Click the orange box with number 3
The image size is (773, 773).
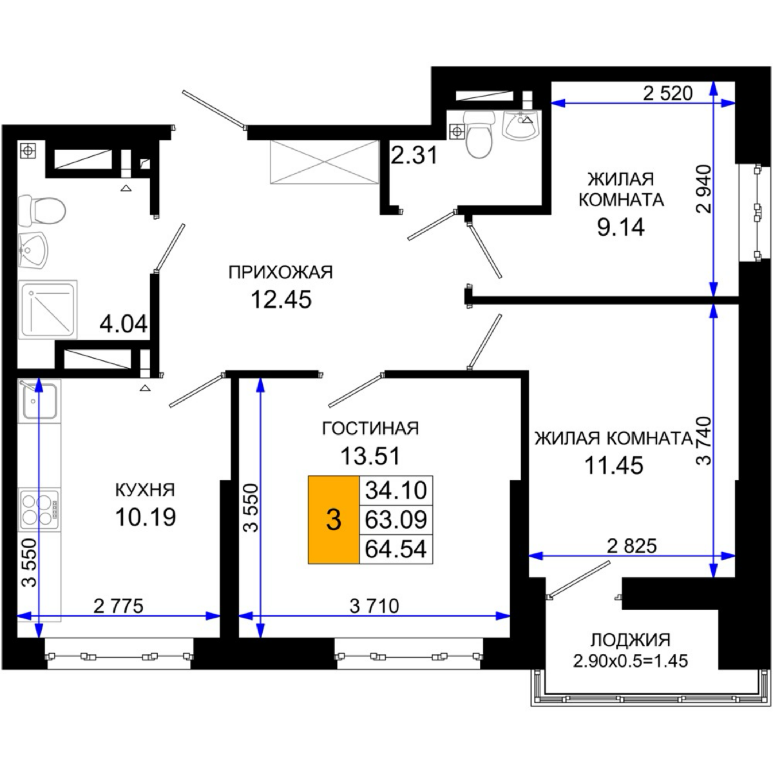coord(333,520)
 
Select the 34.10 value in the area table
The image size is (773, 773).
coord(396,490)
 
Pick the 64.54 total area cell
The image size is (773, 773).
coord(396,549)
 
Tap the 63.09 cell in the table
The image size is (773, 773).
coord(396,520)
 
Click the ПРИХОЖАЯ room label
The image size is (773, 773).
coord(281,272)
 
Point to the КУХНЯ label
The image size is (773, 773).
coord(145,490)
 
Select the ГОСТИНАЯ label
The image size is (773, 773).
coord(370,428)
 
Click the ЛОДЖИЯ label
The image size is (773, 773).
coord(631,640)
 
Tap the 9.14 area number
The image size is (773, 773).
coord(621,227)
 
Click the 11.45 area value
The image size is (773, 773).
coord(614,465)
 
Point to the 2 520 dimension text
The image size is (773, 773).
coord(668,93)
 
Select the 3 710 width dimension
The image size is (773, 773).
coord(374,606)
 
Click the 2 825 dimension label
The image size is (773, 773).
coord(632,546)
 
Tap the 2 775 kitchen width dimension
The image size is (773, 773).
coord(119,606)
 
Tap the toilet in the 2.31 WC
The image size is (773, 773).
coord(479,135)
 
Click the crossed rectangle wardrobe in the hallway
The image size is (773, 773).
coord(325,162)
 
